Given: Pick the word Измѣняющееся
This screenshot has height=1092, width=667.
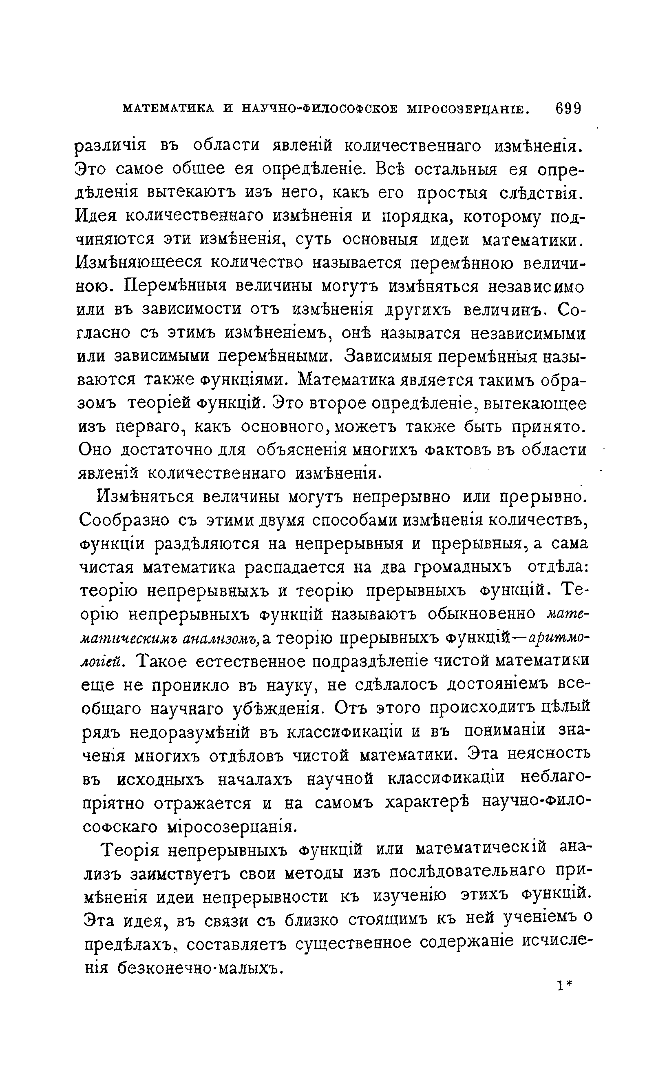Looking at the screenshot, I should (139, 263).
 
